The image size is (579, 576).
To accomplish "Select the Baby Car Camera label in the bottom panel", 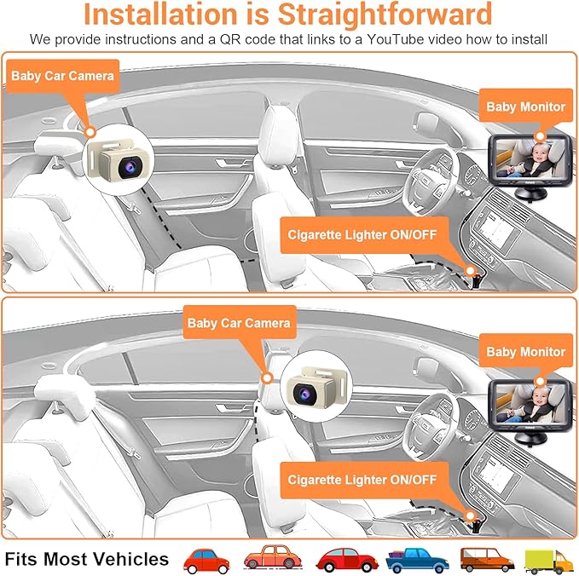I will [240, 323].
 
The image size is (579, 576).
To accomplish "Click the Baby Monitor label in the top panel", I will [525, 107].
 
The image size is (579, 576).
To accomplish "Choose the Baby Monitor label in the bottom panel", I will [525, 351].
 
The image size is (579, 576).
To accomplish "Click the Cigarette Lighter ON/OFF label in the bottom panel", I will [362, 480].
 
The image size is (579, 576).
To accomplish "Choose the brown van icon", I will [486, 559].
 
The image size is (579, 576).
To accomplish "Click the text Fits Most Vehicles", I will [86, 559].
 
